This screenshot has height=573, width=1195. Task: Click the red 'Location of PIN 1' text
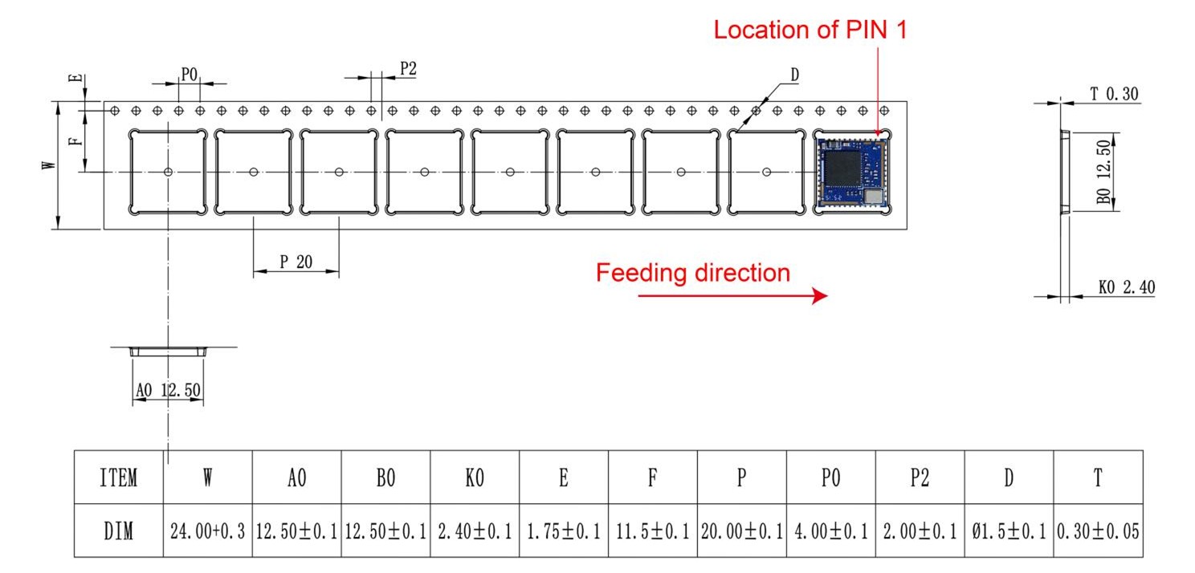811,30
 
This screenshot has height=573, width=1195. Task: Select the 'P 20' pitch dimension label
296,262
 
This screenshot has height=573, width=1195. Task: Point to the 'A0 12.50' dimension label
169,391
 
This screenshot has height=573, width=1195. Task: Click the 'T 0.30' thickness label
1114,94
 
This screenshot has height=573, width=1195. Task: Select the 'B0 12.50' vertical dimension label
1106,173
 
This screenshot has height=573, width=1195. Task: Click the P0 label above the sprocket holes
189,75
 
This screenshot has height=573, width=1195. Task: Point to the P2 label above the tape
408,70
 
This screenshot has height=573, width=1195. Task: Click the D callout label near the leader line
794,75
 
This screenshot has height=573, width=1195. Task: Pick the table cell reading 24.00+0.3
207,531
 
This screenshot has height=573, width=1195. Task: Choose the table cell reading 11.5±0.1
653,531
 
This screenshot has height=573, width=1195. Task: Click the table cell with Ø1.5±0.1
1009,531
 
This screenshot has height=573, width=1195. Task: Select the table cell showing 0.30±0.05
1098,531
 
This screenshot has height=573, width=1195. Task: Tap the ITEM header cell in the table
118,478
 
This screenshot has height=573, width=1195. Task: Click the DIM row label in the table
118,531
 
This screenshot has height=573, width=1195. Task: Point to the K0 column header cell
475,478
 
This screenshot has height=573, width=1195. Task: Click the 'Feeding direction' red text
692,273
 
